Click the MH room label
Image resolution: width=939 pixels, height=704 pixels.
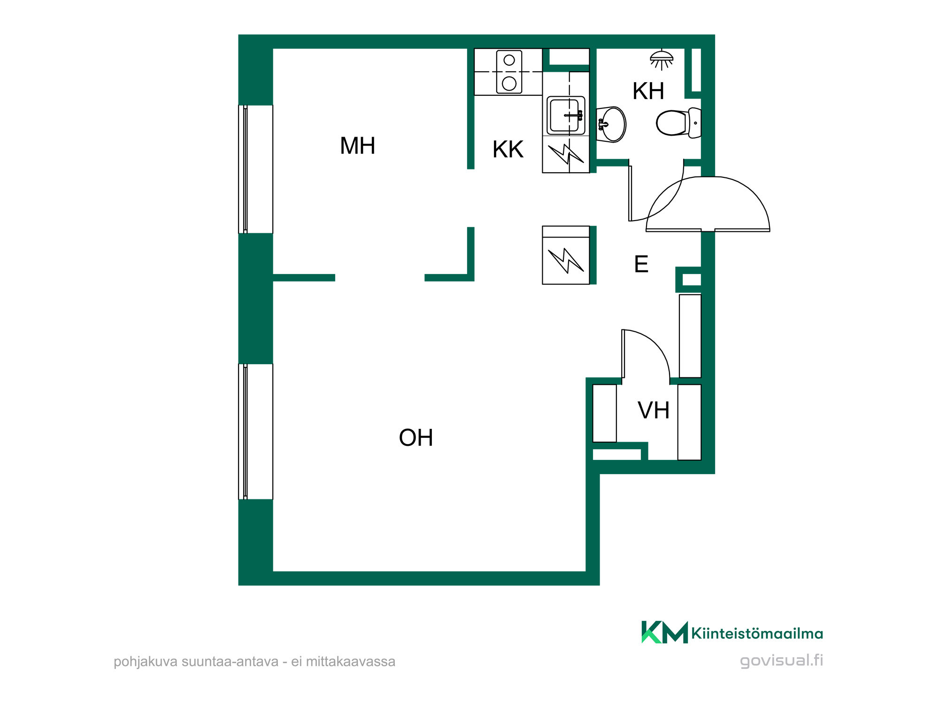pos(357,146)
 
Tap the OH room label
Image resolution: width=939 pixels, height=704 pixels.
pos(416,437)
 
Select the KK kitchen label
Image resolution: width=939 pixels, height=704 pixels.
pos(508,150)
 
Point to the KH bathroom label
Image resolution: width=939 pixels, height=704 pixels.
pos(648,91)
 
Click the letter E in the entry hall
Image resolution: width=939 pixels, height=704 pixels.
pos(641,264)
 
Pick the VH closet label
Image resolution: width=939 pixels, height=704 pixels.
pos(653,410)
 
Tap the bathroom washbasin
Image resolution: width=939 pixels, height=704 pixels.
pos(611,124)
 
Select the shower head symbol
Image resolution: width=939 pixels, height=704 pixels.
pos(662,60)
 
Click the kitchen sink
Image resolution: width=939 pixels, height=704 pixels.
pos(566,115)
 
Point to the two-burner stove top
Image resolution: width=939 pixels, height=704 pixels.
pos(509,72)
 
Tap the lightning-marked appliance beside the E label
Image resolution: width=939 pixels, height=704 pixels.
pos(566,255)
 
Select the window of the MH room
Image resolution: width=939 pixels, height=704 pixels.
pos(255,169)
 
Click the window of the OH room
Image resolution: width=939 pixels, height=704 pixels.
pos(255,432)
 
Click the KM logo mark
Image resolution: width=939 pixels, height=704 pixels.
pos(664,632)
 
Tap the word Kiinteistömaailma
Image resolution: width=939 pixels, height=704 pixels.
pos(757,634)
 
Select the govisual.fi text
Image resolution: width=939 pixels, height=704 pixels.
pos(781,661)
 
